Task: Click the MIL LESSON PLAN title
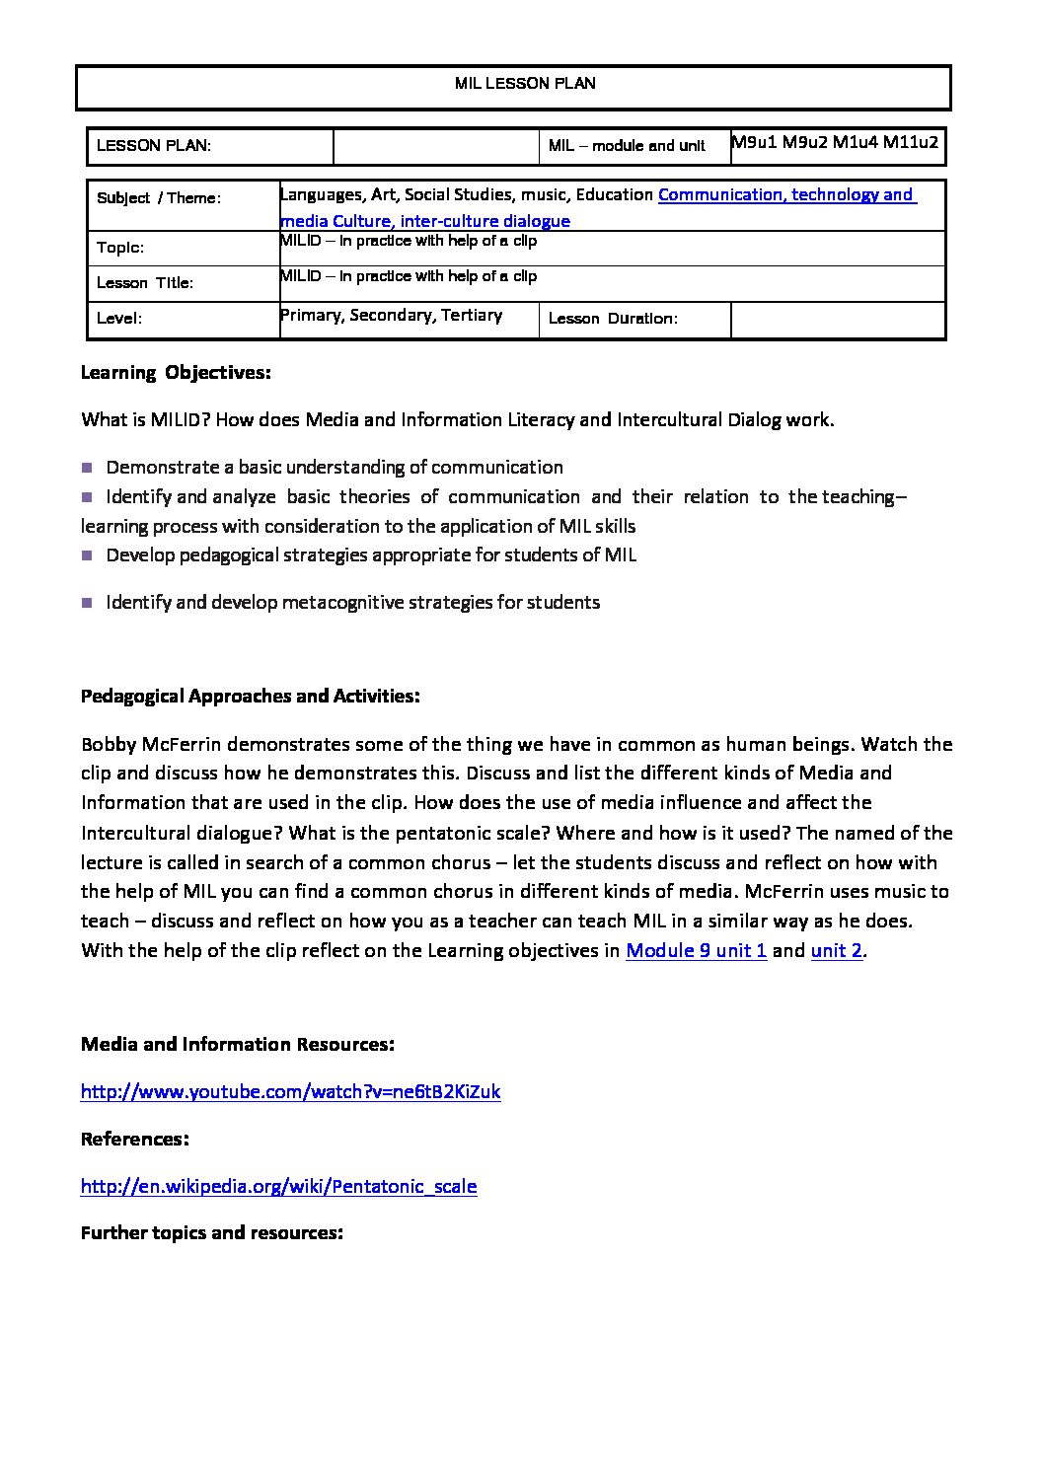(525, 84)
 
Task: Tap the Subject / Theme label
(159, 198)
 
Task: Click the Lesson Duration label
(613, 319)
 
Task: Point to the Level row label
(119, 319)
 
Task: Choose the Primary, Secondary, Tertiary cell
(392, 315)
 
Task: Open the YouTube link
(290, 1091)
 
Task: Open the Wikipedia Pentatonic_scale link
(278, 1186)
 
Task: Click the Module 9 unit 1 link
(697, 951)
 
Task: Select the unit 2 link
(837, 951)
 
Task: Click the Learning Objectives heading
(176, 373)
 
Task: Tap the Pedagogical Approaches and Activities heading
(250, 697)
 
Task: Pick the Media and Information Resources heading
(237, 1044)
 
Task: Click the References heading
(134, 1139)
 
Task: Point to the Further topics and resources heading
(211, 1233)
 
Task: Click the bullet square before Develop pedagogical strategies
(88, 554)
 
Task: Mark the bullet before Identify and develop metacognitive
(88, 602)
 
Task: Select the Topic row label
(120, 248)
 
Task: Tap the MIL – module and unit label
(627, 146)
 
